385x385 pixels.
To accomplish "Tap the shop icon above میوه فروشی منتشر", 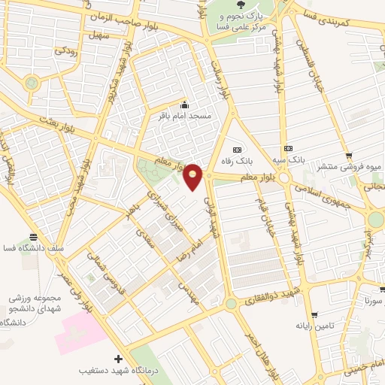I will (349, 156).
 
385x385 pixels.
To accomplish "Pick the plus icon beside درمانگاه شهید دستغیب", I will (117, 359).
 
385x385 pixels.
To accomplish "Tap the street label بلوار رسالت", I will (223, 80).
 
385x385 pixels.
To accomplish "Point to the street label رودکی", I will (64, 53).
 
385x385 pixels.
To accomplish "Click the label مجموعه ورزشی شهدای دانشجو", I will (32, 299).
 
